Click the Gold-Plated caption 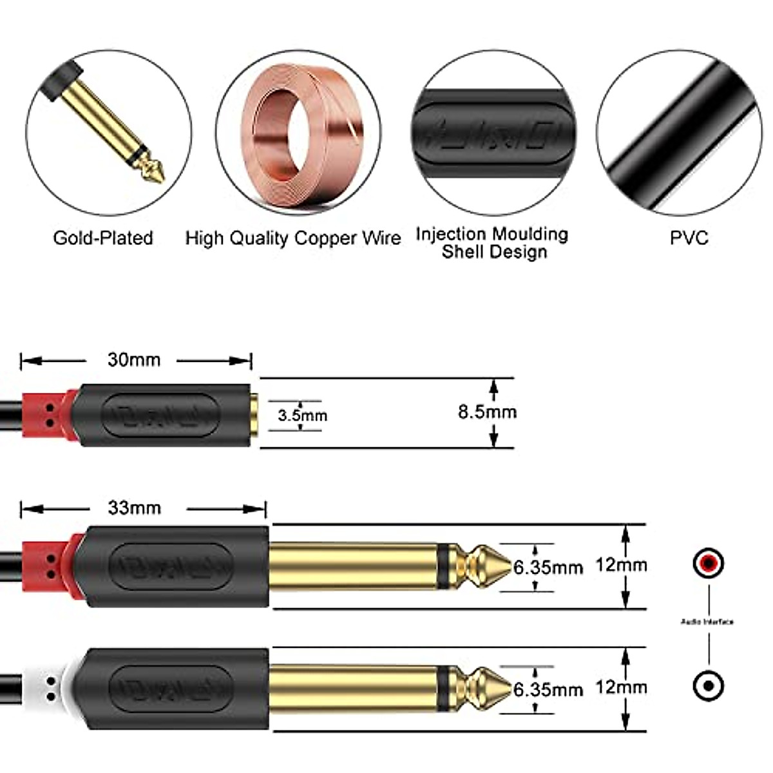tap(103, 238)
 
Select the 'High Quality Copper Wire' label tap(292, 238)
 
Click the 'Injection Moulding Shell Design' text tap(493, 242)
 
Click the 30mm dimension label tap(133, 359)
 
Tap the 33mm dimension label tap(134, 508)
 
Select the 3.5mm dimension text tap(302, 415)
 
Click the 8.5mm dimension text tap(487, 412)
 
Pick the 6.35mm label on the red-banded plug tap(548, 568)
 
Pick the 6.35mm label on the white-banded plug tap(548, 690)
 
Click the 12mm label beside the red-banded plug tap(620, 565)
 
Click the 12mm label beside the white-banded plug tap(620, 687)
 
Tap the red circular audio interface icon tap(708, 564)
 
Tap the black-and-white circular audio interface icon tap(708, 686)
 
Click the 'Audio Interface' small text tap(707, 622)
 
